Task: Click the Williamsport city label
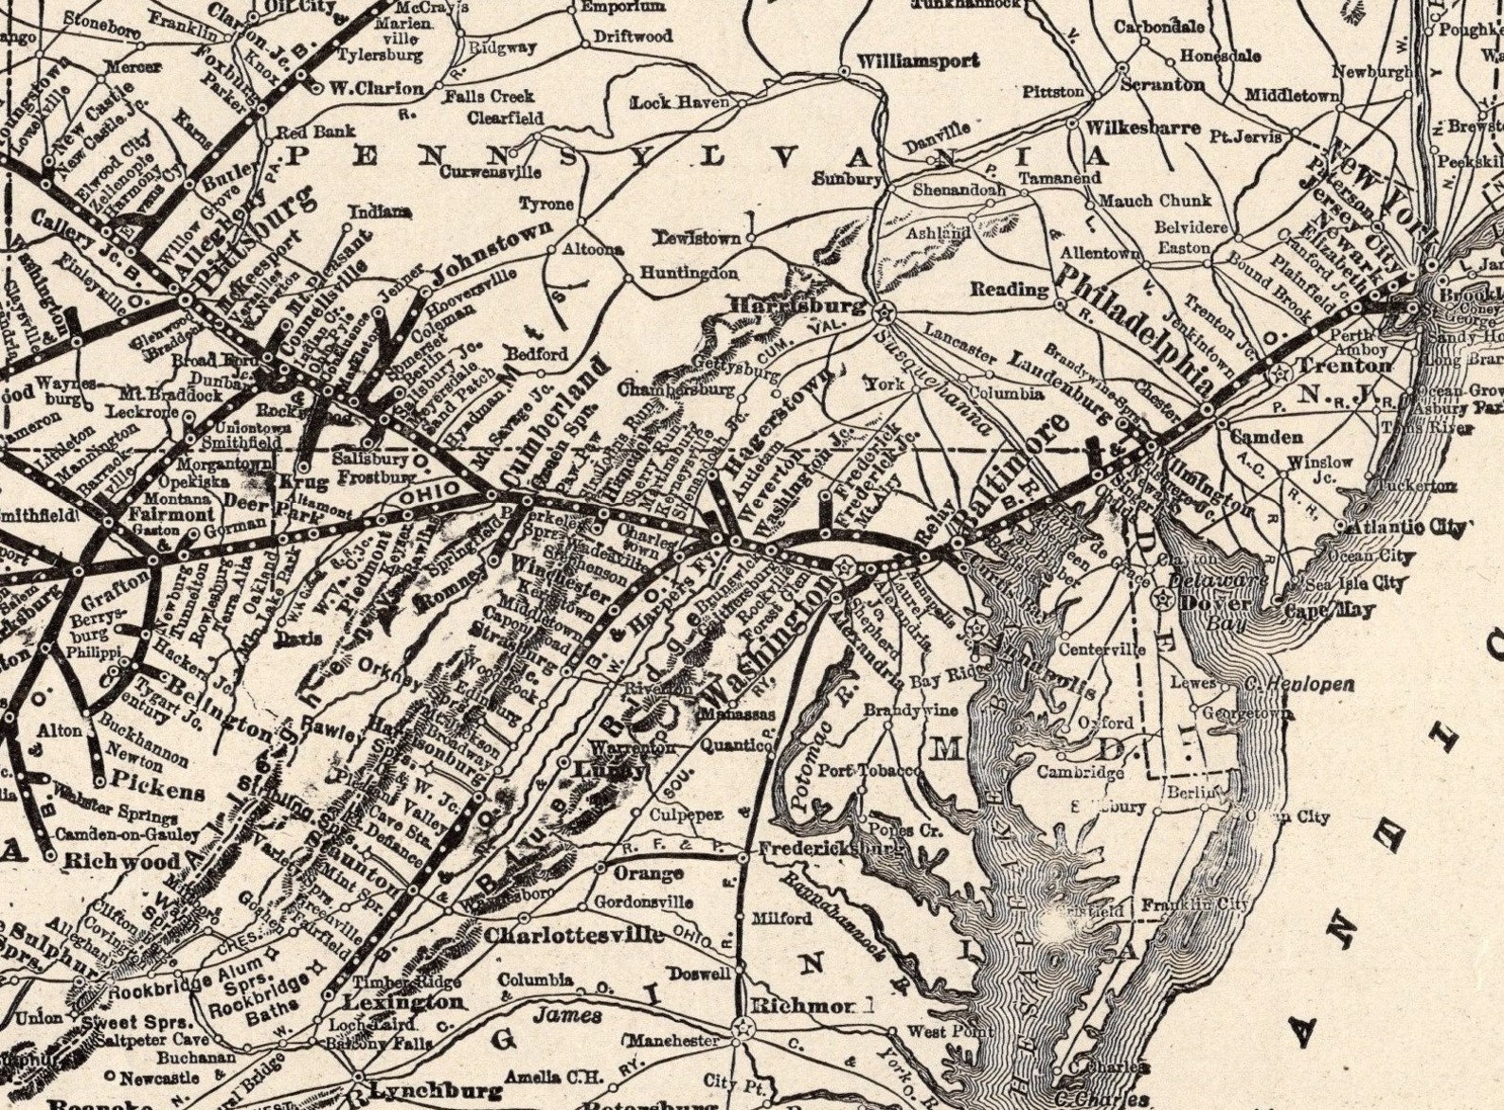pos(918,61)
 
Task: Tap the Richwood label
pos(123,863)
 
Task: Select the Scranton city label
pos(1162,84)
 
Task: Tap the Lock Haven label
pos(679,102)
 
